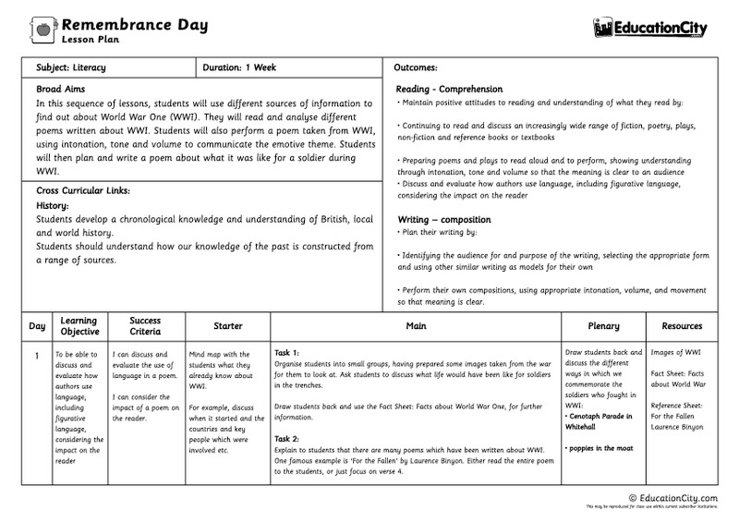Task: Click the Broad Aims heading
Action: point(61,90)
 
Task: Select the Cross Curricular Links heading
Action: point(82,190)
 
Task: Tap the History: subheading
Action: point(53,204)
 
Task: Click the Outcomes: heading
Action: point(416,68)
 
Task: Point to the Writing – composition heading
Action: point(444,219)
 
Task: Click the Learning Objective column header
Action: point(79,326)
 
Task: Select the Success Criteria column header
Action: point(145,326)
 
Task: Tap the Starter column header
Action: point(227,326)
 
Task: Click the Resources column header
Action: point(682,326)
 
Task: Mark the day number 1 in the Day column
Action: point(36,354)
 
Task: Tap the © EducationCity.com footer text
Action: point(673,497)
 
